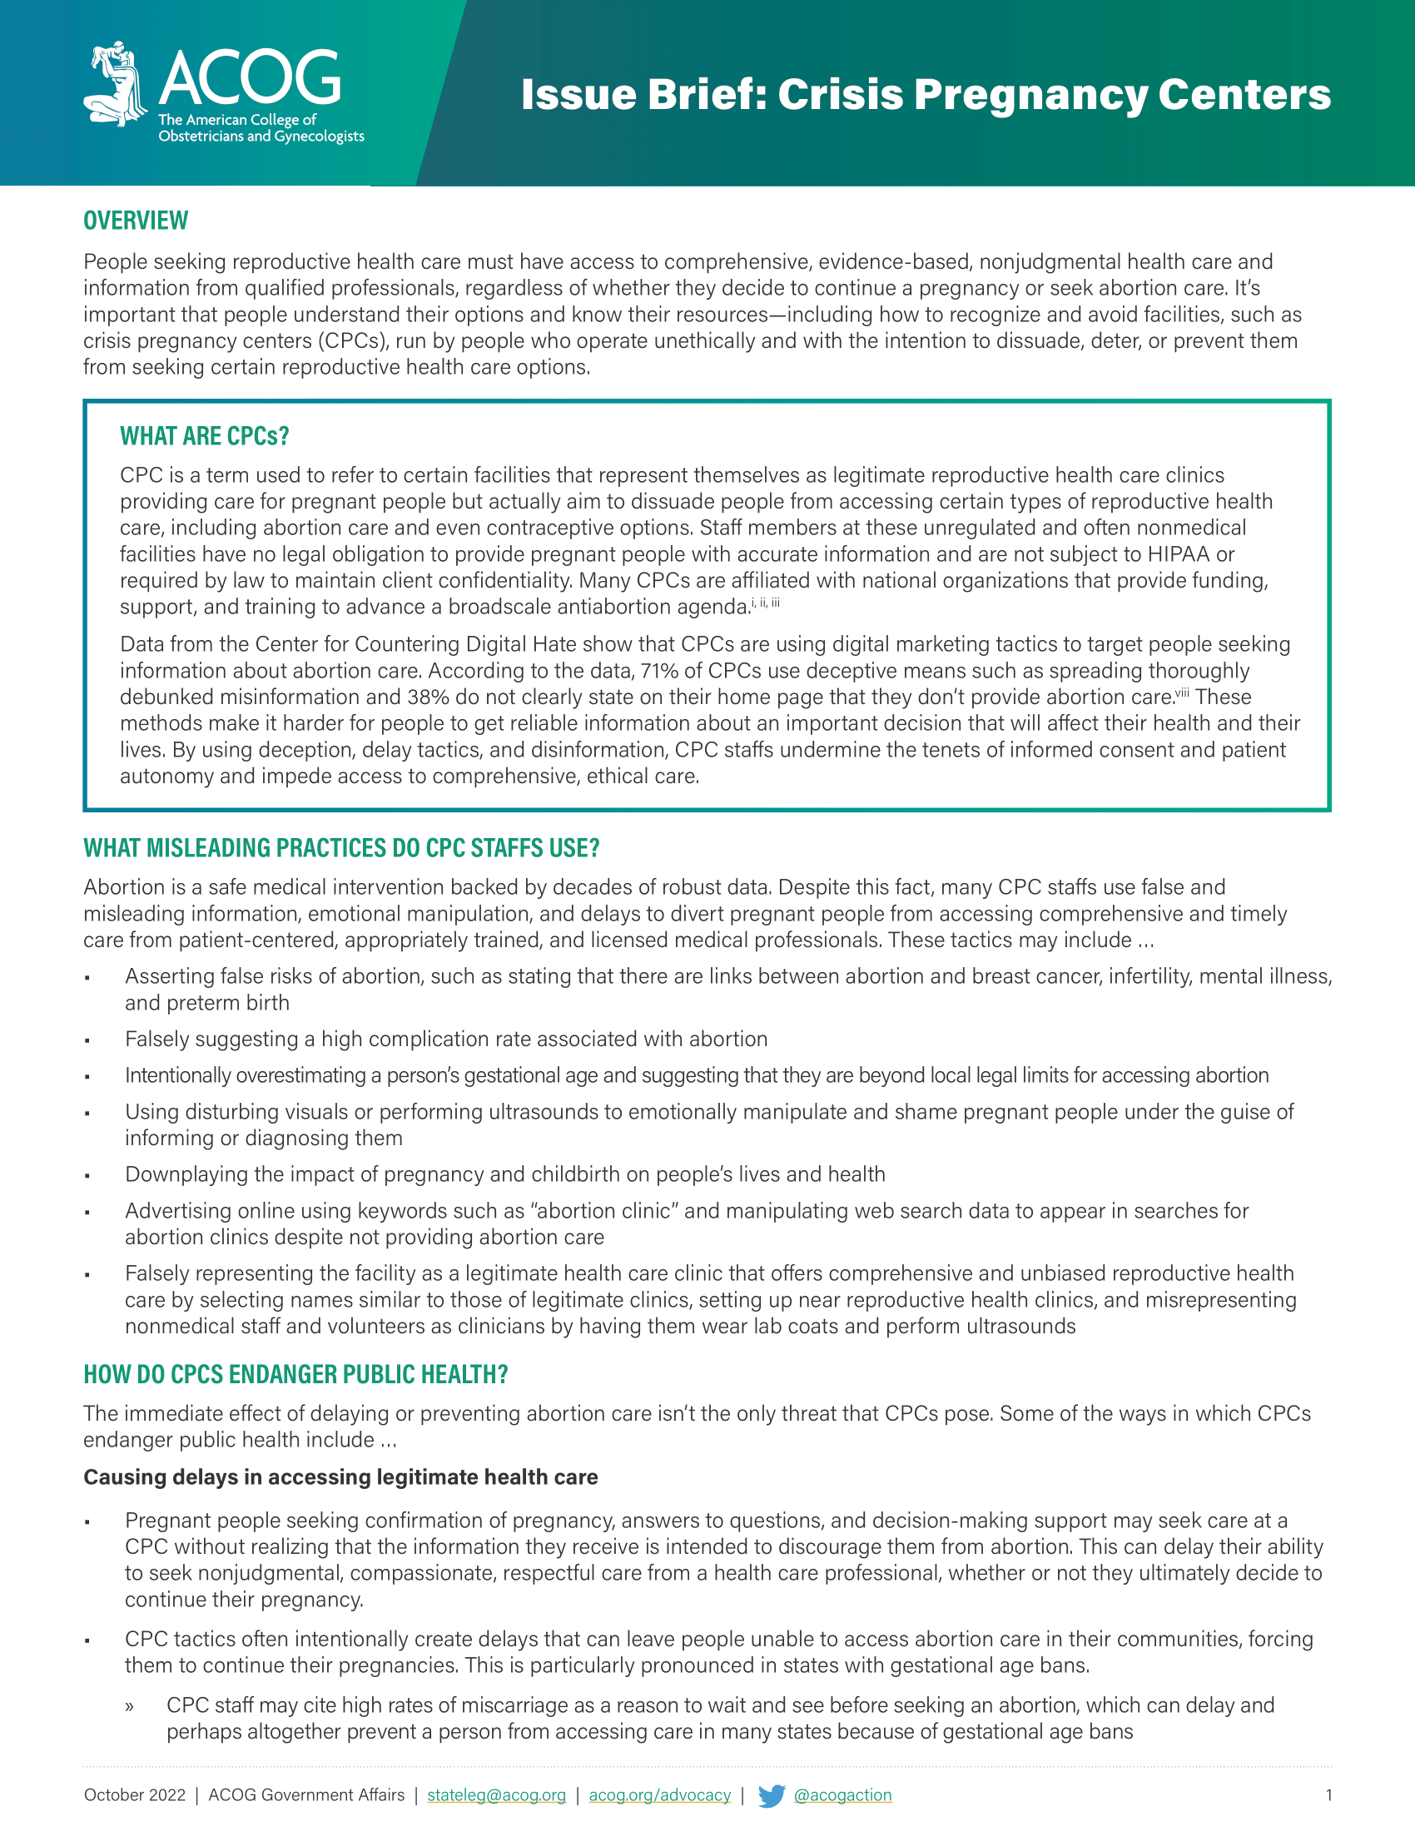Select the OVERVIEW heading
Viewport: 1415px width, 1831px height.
point(136,221)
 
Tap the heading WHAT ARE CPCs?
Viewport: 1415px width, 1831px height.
point(205,436)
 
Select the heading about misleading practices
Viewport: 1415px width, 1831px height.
point(341,847)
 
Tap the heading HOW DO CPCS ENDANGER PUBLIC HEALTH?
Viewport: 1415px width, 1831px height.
point(296,1374)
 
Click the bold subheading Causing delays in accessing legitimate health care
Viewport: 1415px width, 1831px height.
point(340,1477)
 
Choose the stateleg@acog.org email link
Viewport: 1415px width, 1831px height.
point(496,1795)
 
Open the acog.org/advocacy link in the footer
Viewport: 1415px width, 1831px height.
point(660,1795)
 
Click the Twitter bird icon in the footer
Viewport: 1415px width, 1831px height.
point(772,1795)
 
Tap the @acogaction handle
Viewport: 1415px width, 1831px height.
point(842,1795)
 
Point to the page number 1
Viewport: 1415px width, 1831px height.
point(1328,1795)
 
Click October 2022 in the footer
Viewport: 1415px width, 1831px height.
point(135,1795)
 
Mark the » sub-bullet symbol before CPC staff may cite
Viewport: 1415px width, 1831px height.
point(129,1706)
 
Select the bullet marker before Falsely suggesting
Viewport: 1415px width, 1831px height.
point(87,1040)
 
